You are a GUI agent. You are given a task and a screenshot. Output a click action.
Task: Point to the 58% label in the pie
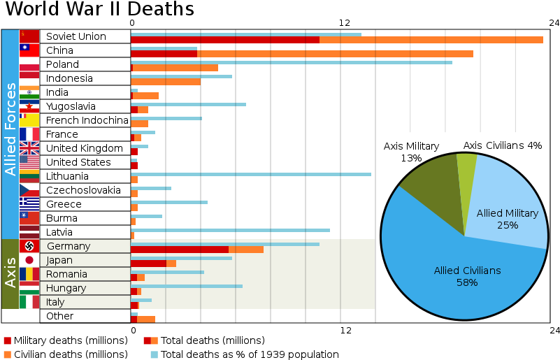[x=467, y=282]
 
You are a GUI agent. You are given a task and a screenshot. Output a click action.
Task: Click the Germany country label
[x=69, y=246]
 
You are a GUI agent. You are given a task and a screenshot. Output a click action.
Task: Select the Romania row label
[x=66, y=274]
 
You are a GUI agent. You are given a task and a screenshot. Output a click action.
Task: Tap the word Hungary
[x=66, y=288]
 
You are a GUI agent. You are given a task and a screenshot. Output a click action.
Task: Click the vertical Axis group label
[x=10, y=273]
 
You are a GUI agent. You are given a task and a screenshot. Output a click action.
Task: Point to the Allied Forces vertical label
[x=10, y=129]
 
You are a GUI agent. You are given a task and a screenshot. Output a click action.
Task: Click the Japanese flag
[x=29, y=260]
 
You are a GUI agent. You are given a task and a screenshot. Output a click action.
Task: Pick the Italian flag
[x=29, y=302]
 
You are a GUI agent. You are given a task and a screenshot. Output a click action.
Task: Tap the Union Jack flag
[x=29, y=148]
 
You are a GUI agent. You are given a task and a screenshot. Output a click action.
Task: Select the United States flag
[x=29, y=162]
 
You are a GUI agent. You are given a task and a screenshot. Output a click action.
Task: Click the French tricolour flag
[x=29, y=134]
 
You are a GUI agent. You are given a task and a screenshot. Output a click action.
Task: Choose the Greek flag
[x=29, y=203]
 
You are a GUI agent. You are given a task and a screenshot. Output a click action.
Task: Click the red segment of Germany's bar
[x=179, y=250]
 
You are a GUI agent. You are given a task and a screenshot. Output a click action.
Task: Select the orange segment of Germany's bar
[x=246, y=250]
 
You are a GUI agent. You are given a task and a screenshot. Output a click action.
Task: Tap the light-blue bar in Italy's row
[x=141, y=300]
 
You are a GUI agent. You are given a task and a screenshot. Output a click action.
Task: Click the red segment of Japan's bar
[x=148, y=264]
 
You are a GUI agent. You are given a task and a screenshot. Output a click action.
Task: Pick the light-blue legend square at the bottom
[x=154, y=354]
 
